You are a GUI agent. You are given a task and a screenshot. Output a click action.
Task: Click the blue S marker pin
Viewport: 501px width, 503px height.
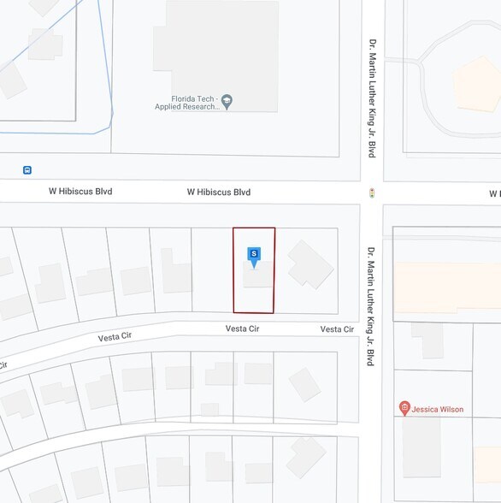(x=254, y=256)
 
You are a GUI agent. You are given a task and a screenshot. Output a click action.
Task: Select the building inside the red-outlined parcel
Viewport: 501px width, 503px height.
(x=259, y=275)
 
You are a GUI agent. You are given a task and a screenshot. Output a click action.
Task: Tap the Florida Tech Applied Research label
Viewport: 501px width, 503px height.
(x=186, y=102)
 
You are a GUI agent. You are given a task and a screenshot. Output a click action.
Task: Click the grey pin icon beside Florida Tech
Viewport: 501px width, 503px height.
(x=227, y=101)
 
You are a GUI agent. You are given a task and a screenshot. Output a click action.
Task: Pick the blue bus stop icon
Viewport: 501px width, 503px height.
(x=28, y=170)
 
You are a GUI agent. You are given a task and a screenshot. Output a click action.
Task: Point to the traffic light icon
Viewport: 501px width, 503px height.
(x=372, y=192)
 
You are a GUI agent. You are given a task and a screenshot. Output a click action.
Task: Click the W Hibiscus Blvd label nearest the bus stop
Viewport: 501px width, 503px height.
(x=80, y=192)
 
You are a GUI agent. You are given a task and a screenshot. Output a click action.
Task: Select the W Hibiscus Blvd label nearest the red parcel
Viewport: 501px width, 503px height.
(x=219, y=192)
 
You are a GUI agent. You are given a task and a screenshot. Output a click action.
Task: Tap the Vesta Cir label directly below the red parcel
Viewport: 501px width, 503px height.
(x=242, y=328)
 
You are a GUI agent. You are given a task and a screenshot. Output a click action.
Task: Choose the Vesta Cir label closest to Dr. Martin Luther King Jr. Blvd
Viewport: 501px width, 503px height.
(x=337, y=329)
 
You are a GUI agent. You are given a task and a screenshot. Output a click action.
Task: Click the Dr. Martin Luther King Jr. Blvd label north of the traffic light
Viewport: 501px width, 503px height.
(x=372, y=98)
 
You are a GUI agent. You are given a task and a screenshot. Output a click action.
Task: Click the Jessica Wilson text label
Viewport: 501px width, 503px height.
(x=438, y=410)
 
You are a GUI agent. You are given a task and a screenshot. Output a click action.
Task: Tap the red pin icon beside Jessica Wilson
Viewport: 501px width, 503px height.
(x=404, y=409)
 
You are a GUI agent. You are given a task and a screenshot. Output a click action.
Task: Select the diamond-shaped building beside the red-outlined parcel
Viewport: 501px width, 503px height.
(x=309, y=263)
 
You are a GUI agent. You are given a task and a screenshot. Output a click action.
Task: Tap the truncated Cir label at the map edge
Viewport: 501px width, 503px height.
(x=3, y=365)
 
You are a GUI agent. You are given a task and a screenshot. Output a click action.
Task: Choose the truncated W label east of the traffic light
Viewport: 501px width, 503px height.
(x=494, y=193)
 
